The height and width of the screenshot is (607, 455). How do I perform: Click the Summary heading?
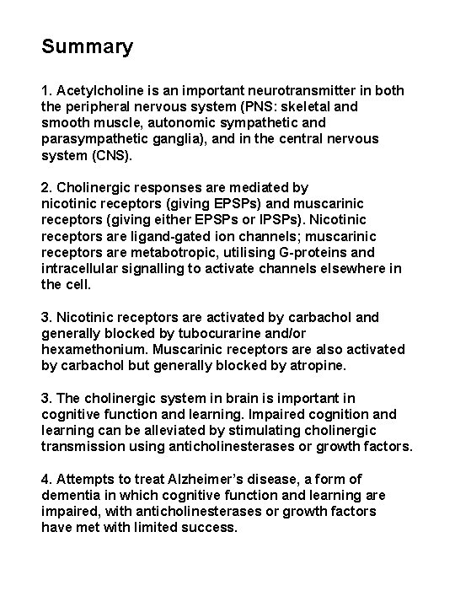tap(88, 47)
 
